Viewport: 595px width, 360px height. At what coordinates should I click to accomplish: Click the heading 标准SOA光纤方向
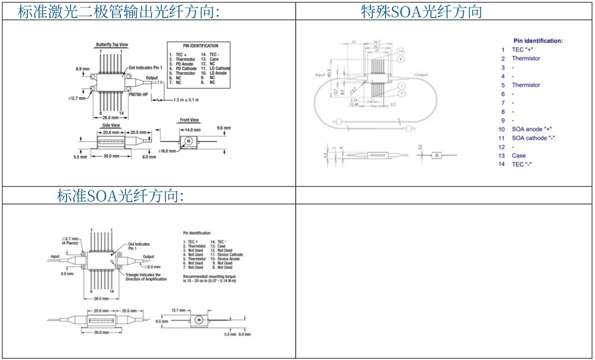click(120, 196)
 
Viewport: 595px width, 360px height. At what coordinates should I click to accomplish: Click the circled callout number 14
click(401, 51)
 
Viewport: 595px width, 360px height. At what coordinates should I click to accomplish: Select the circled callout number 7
click(400, 94)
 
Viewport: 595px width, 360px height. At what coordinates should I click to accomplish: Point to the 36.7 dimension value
click(376, 42)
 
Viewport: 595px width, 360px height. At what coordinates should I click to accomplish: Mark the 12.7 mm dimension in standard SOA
click(179, 310)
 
